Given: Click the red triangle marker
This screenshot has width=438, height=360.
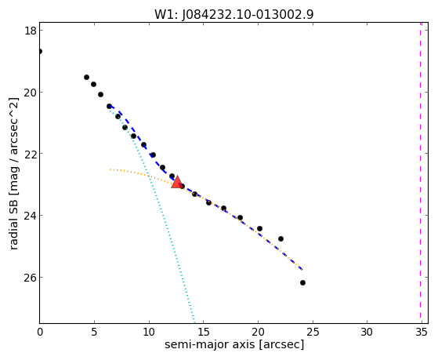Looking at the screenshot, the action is point(177,183).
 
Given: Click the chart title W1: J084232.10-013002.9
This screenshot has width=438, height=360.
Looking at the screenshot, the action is point(234,15).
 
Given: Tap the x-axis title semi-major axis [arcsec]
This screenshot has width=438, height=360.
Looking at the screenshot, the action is point(234,344).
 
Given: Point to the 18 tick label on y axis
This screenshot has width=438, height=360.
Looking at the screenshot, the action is point(31,31).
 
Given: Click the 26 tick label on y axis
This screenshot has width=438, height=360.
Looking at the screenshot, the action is point(31,277).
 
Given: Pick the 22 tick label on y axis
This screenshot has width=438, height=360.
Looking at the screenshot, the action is point(31,154).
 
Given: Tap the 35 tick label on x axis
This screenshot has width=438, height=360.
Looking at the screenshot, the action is point(422,332).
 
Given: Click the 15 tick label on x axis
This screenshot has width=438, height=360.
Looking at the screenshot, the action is point(204,332).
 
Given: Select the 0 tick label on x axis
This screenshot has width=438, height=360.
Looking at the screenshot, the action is point(40,332).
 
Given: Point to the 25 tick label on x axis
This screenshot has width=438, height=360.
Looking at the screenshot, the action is point(313,332).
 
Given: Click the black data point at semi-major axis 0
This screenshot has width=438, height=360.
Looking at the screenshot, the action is point(40,52).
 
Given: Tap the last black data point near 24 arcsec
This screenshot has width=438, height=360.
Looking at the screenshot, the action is point(302,283).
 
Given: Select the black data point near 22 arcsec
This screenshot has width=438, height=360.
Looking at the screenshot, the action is point(281,239).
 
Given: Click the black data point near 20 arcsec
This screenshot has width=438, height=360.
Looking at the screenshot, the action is point(259,228).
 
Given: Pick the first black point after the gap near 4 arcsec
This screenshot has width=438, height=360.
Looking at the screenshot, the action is point(87,77).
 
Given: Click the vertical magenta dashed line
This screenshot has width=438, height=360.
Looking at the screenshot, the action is point(420,173).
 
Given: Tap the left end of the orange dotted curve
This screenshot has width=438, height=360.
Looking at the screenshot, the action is point(110,169).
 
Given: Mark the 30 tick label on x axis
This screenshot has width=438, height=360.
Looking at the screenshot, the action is point(367,332).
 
